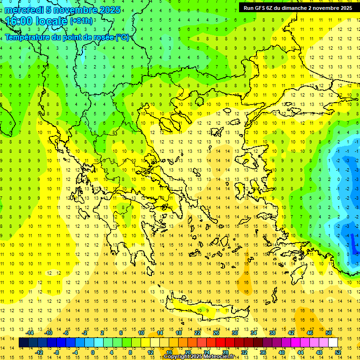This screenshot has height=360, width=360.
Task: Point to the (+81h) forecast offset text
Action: click(x=81, y=21)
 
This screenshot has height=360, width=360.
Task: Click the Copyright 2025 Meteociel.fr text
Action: click(x=206, y=357)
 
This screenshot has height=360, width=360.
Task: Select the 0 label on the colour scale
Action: click(x=92, y=352)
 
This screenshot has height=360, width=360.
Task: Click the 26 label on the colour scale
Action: click(x=216, y=332)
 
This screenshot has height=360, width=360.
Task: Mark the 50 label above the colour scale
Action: click(x=329, y=332)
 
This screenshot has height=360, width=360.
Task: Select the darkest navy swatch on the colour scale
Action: click(x=23, y=343)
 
